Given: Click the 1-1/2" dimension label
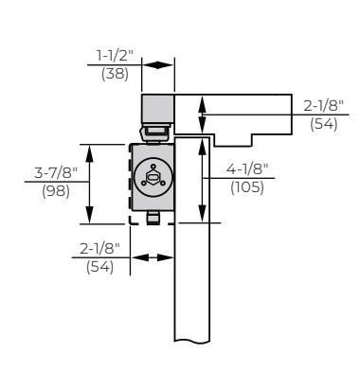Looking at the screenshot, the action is tap(116, 56).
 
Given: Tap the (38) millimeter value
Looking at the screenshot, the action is tap(115, 74).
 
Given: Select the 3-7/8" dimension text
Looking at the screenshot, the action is tap(56, 172).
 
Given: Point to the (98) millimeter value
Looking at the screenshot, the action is tap(56, 191).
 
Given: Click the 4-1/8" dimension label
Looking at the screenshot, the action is tap(247, 169).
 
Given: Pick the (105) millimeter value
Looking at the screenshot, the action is tap(247, 187).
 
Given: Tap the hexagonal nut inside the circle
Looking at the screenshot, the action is tap(153, 177).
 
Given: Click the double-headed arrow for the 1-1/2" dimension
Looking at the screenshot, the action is tap(158, 65).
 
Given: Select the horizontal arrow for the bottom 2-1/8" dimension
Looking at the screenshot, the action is tap(153, 257).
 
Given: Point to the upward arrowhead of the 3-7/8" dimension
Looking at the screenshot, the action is tap(90, 153).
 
